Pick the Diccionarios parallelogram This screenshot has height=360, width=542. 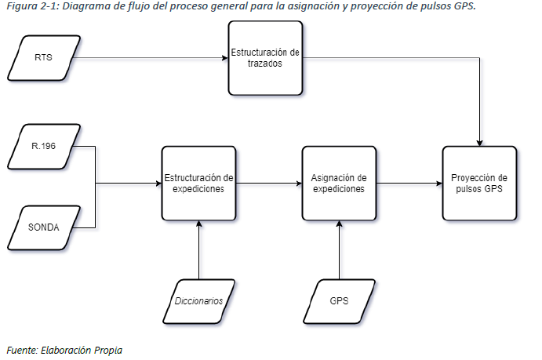click(198, 300)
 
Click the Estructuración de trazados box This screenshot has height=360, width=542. click(264, 56)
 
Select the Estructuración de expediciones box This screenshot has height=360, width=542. click(198, 184)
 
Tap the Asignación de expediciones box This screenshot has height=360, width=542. click(339, 184)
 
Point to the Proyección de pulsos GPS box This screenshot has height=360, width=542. click(478, 184)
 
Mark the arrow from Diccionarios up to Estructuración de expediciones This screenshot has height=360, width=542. click(198, 251)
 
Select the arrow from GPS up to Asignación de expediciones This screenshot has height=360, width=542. click(339, 251)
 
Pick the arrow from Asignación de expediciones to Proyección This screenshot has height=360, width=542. click(408, 184)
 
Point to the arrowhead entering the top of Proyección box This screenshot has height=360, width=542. click(478, 141)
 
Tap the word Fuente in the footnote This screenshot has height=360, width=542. click(21, 350)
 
